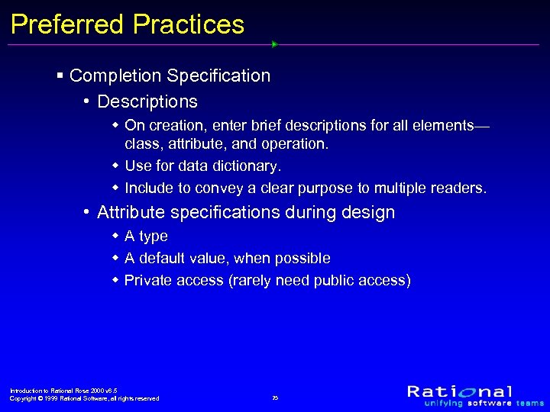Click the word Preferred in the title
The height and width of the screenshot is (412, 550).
(67, 24)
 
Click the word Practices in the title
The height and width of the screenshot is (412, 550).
(189, 24)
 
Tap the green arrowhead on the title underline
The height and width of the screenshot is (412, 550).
(274, 44)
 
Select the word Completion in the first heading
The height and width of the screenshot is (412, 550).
(115, 76)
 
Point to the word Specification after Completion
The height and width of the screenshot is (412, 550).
(218, 76)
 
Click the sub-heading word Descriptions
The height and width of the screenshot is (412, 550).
(147, 101)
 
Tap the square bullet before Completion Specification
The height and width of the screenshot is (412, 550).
(60, 76)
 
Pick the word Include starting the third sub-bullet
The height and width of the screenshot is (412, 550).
(150, 188)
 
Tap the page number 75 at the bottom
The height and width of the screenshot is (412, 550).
(275, 398)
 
